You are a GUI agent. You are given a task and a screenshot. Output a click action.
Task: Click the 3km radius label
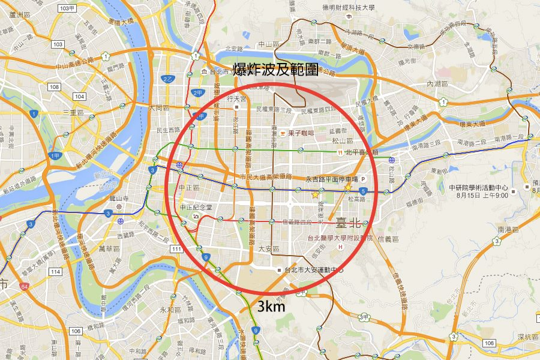[x=271, y=308]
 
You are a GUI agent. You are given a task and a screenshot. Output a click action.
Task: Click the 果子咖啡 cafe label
[x=298, y=133]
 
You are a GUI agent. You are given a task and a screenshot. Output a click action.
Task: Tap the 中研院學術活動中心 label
[x=478, y=187]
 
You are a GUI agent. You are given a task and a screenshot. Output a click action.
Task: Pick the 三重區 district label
[x=73, y=112]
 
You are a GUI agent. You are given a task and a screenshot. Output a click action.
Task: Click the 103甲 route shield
[x=68, y=8]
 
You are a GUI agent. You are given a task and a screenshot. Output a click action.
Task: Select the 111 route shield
[x=176, y=248]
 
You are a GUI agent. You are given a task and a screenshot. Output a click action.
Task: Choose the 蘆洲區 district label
[x=19, y=15]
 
